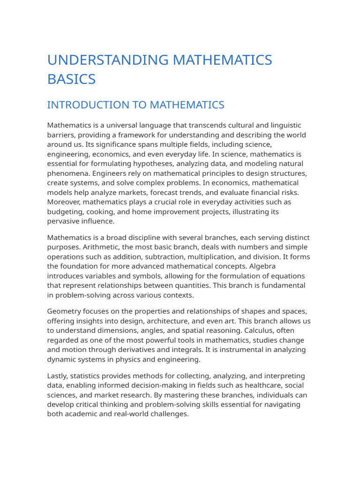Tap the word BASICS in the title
(x=71, y=79)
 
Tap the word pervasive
(x=64, y=221)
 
